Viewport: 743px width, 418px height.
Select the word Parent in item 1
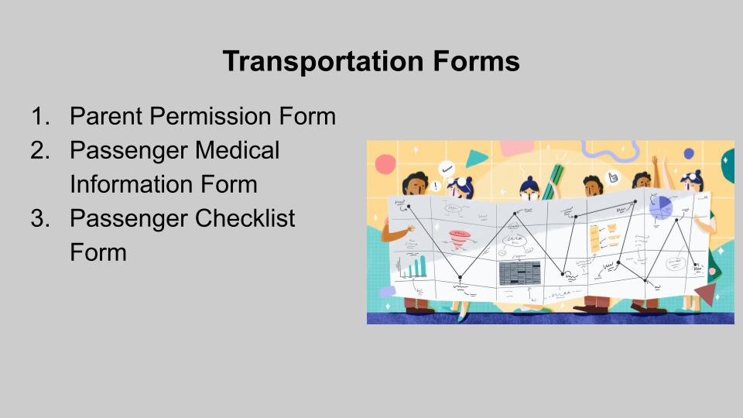(x=106, y=116)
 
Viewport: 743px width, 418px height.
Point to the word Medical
(x=237, y=150)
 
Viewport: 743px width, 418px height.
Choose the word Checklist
(x=245, y=218)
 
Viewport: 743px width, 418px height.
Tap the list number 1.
(x=39, y=116)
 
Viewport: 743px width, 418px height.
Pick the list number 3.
(x=39, y=218)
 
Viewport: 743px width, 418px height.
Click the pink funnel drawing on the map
(x=459, y=239)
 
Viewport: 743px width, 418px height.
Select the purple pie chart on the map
(x=660, y=207)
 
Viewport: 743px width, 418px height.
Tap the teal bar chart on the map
(x=412, y=267)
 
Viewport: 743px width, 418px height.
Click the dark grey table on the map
(x=520, y=273)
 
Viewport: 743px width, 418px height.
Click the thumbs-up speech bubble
(x=613, y=177)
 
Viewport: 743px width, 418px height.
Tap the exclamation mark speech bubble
(x=434, y=185)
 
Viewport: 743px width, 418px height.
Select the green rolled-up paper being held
(x=552, y=182)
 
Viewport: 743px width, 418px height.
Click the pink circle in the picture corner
(x=385, y=164)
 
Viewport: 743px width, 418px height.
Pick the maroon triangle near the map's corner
(x=706, y=293)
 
